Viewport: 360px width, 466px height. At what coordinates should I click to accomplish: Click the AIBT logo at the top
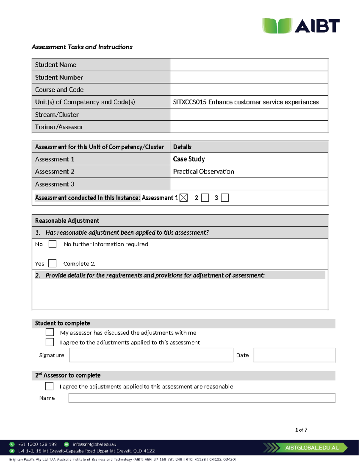click(x=301, y=26)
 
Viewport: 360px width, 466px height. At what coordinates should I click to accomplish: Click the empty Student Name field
click(x=249, y=65)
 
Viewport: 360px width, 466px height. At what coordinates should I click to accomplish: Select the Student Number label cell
click(x=101, y=77)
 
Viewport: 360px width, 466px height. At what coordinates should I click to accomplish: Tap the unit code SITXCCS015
click(x=190, y=102)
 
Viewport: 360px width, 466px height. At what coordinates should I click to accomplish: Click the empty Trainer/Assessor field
click(x=249, y=127)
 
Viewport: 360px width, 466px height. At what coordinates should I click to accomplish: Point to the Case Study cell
click(x=189, y=159)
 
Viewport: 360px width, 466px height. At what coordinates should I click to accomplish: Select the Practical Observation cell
click(x=203, y=172)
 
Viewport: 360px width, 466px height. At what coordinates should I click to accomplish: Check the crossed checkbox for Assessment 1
click(x=184, y=198)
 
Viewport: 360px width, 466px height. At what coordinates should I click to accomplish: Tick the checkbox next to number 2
click(x=205, y=198)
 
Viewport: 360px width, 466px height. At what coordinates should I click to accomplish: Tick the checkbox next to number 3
click(x=225, y=198)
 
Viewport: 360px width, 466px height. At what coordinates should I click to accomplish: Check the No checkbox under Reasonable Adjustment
click(x=52, y=244)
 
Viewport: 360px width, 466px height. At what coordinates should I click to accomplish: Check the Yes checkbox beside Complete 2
click(x=52, y=263)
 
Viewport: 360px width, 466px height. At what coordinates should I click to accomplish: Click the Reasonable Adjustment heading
click(x=67, y=221)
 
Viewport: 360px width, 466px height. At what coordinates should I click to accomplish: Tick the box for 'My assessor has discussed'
click(x=50, y=332)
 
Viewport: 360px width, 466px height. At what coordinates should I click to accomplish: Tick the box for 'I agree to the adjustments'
click(x=50, y=342)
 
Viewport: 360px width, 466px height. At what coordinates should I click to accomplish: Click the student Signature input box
click(x=151, y=355)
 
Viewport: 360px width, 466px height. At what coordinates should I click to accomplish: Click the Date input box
click(x=294, y=355)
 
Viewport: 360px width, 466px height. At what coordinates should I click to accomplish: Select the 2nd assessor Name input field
click(x=202, y=398)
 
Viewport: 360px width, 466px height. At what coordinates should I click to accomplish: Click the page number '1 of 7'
click(x=301, y=430)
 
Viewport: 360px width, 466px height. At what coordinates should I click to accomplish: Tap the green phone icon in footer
click(x=12, y=444)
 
